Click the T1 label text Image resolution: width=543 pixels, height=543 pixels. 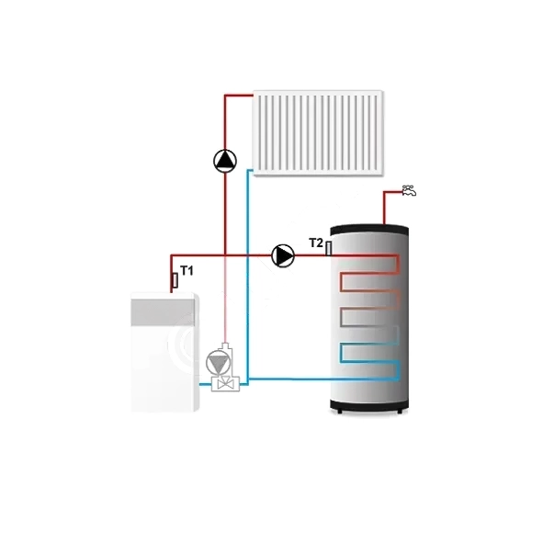click(187, 271)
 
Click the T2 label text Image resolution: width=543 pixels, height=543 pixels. click(316, 243)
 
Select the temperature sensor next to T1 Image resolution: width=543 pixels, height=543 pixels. click(175, 280)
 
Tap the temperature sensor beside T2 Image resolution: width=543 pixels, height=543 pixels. click(329, 248)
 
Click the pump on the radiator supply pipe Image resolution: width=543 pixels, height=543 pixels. click(225, 161)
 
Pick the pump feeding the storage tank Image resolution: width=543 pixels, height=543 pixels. click(283, 256)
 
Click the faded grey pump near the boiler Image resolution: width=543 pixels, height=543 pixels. click(218, 363)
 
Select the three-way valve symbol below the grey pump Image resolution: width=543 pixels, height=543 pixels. click(225, 383)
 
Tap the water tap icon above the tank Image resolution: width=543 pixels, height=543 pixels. click(409, 190)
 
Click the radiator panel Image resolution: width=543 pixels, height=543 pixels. click(318, 133)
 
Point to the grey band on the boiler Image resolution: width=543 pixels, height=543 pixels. click(163, 312)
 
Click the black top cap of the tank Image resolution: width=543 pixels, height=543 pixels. click(369, 229)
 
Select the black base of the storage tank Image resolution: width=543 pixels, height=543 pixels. click(369, 405)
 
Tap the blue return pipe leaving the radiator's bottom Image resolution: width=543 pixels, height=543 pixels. click(247, 277)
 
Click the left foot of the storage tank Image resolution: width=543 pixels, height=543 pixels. click(339, 412)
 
